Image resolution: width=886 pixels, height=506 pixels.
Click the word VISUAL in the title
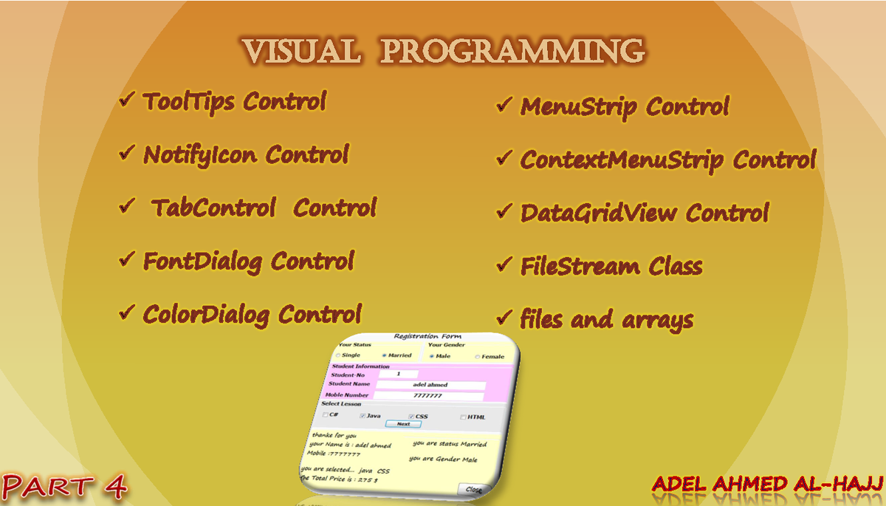301,51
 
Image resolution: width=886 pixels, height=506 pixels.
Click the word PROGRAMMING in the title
515,51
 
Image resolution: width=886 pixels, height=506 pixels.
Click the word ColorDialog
206,315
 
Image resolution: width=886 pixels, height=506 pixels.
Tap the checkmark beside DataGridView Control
504,211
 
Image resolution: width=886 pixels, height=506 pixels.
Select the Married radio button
385,355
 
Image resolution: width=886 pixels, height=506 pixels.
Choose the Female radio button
477,357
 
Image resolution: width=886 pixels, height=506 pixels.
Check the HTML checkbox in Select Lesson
463,417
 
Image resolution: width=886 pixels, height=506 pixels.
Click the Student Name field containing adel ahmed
430,385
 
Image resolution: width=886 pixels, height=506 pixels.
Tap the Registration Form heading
427,337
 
